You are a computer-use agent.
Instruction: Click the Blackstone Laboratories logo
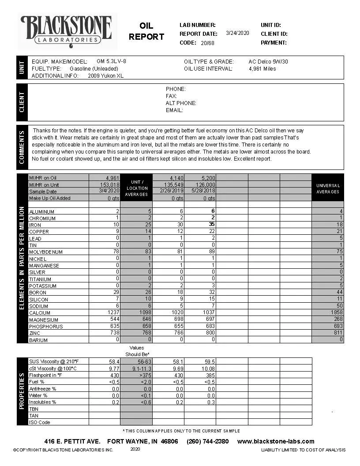point(66,30)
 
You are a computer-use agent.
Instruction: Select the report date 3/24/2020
point(237,33)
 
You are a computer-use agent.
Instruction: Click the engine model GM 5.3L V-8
point(111,61)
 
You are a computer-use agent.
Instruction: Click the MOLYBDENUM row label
point(46,252)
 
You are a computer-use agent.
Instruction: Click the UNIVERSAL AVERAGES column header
point(327,189)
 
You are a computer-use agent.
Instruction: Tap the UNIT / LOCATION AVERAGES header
point(136,188)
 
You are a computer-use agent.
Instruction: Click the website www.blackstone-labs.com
point(276,441)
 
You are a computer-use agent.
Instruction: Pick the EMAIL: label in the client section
point(174,110)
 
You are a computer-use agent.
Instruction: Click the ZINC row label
point(35,333)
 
